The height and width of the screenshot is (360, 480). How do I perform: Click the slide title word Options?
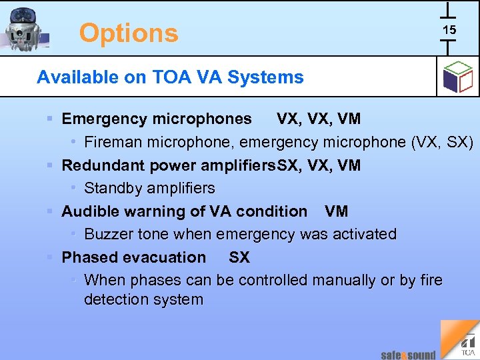point(129,33)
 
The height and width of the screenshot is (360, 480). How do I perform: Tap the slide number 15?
point(449,30)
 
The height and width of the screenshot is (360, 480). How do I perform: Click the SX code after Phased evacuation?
point(239,257)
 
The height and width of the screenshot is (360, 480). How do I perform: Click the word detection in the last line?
point(114,299)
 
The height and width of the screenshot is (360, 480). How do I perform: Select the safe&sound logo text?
point(408,355)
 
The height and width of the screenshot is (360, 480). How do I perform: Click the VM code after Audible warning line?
point(336,211)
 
